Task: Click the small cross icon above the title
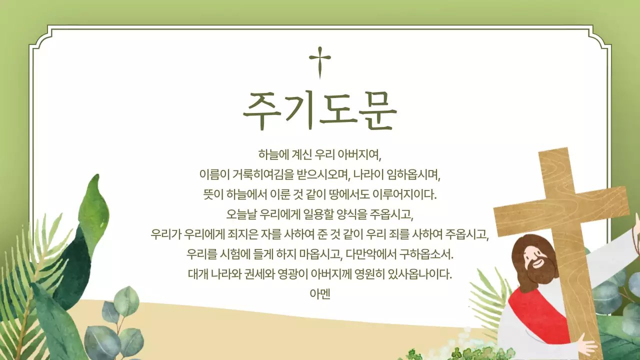pos(320,62)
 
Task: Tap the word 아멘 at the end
pos(320,294)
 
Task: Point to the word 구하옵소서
pos(426,254)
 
